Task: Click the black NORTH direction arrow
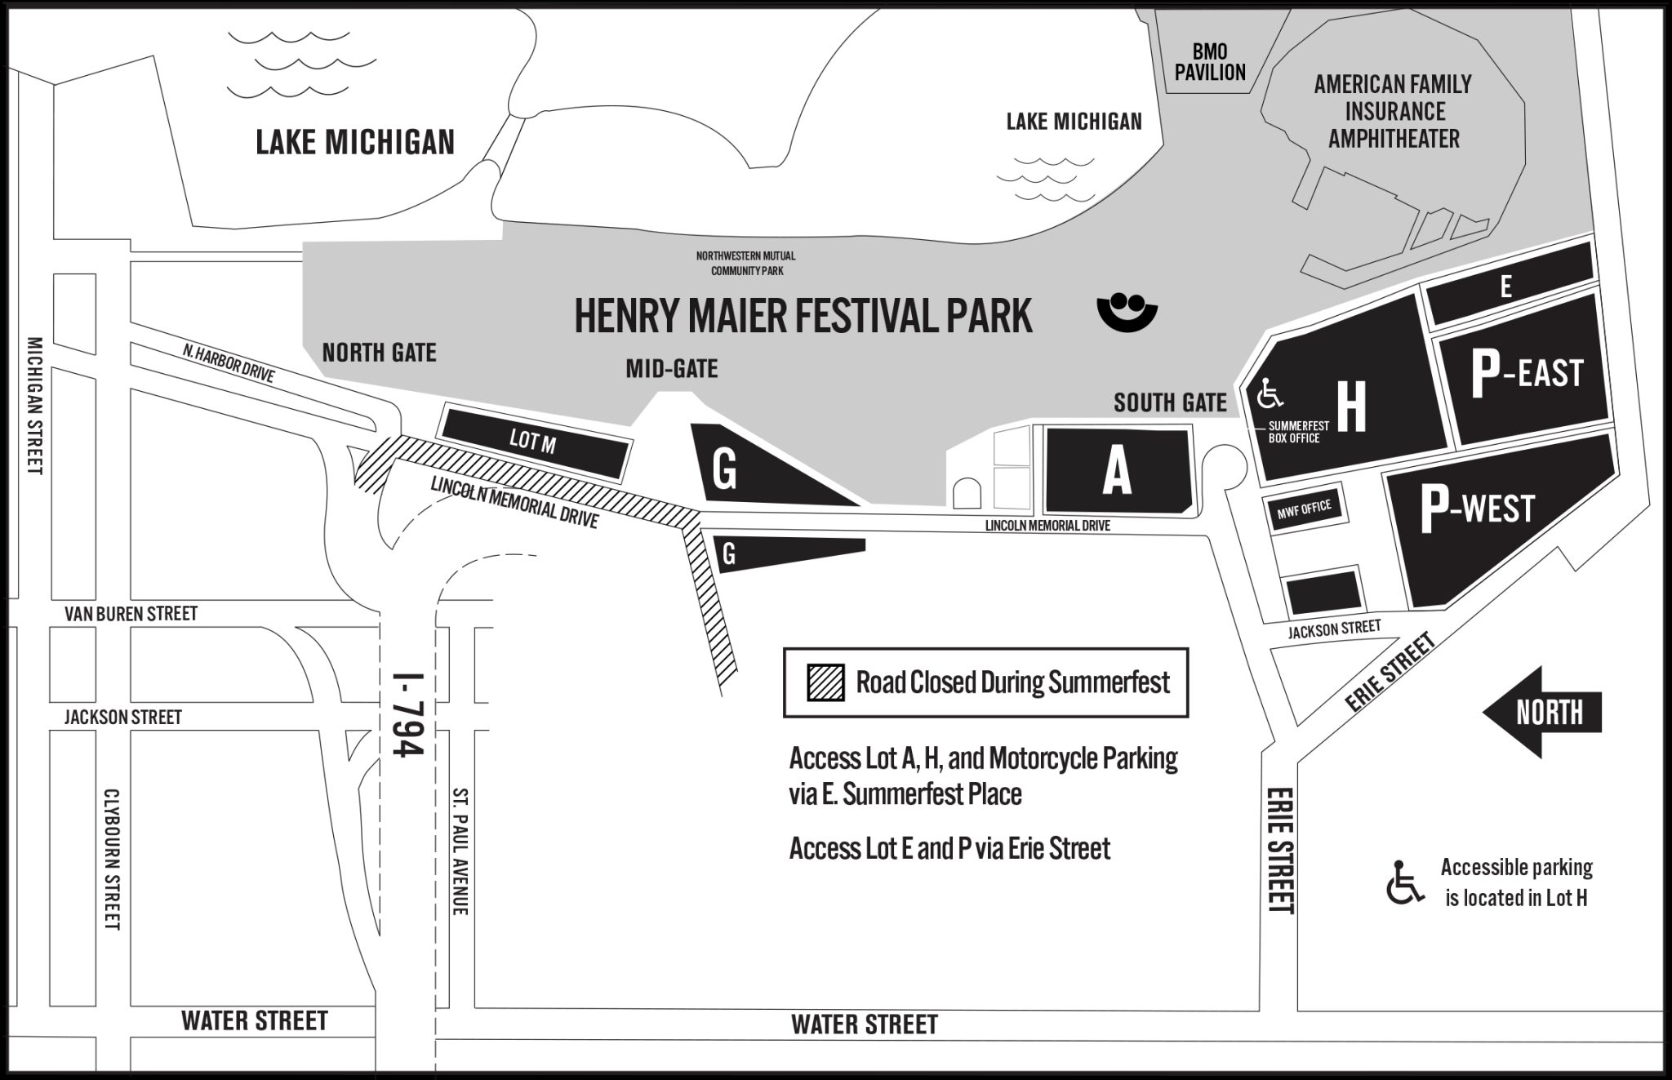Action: pyautogui.click(x=1541, y=712)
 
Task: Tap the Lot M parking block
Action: pyautogui.click(x=536, y=443)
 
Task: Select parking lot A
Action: pyautogui.click(x=1117, y=472)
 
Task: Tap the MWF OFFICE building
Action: pyautogui.click(x=1304, y=510)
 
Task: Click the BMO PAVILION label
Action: pyautogui.click(x=1210, y=63)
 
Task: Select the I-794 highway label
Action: pyautogui.click(x=407, y=714)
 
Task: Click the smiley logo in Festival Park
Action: pyautogui.click(x=1127, y=312)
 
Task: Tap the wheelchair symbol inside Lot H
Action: pyautogui.click(x=1271, y=394)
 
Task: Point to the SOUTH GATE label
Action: pyautogui.click(x=1170, y=402)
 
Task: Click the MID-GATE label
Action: pyautogui.click(x=672, y=369)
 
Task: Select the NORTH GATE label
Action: pyautogui.click(x=379, y=353)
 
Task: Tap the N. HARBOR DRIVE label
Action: pyautogui.click(x=229, y=364)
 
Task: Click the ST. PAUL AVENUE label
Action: pyautogui.click(x=460, y=851)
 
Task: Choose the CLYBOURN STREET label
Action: pyautogui.click(x=113, y=859)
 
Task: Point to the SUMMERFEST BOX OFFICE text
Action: pyautogui.click(x=1298, y=432)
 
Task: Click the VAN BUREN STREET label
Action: pyautogui.click(x=131, y=613)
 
